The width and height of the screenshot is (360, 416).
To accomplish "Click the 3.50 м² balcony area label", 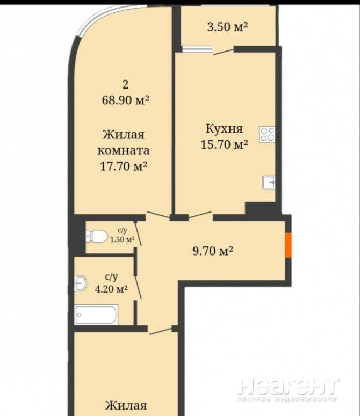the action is click(x=227, y=27).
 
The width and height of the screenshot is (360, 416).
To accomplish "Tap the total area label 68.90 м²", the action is click(x=125, y=100).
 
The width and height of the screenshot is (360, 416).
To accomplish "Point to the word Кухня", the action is click(x=225, y=129).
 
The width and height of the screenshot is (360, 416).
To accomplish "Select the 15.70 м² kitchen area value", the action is click(x=225, y=144).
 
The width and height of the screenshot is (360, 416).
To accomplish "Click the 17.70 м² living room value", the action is click(x=124, y=166).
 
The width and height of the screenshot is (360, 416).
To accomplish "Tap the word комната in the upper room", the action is click(x=124, y=151).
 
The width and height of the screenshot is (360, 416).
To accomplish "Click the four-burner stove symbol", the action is click(x=267, y=134).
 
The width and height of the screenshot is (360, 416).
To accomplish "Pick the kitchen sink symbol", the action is click(x=269, y=183).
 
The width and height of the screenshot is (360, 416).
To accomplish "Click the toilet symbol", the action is click(x=96, y=236).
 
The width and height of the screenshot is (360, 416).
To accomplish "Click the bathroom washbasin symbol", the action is click(x=80, y=283).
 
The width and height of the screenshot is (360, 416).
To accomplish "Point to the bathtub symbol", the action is click(x=96, y=315).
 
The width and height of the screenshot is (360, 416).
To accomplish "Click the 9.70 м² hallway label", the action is click(x=213, y=251).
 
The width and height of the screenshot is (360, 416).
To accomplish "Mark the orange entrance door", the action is click(x=289, y=245).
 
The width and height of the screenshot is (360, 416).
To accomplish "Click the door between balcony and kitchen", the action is click(x=224, y=52).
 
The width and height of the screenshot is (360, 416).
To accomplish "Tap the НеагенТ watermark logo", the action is click(x=289, y=386).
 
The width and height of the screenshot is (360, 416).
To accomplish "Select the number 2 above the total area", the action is click(x=125, y=85).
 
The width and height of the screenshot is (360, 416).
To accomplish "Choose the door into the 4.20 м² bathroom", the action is click(x=138, y=288).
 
